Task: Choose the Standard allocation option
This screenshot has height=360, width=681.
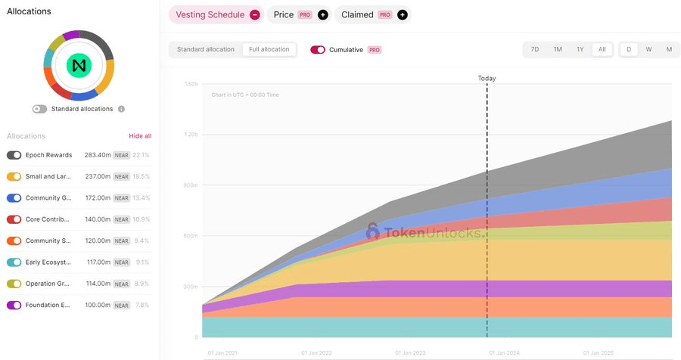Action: coord(206,49)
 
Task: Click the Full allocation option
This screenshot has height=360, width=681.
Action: coord(269,49)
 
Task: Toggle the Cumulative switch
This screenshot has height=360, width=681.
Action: coord(318,50)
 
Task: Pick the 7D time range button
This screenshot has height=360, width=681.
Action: coord(535,49)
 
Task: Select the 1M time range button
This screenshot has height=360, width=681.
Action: coord(558,49)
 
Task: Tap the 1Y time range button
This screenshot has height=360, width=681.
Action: coord(580,49)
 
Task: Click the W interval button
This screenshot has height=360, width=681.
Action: coord(648,49)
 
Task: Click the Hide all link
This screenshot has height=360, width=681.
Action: coord(140,136)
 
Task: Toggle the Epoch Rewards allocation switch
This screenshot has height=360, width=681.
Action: coord(14,155)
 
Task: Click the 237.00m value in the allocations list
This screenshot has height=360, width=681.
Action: coord(97,176)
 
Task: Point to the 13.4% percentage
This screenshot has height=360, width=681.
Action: coord(141,198)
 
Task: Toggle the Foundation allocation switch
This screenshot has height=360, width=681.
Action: coord(14,305)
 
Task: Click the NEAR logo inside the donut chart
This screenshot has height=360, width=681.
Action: coord(78,66)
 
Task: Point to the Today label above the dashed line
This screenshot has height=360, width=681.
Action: coord(487,78)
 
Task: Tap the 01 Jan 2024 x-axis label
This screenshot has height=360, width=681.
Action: coord(504,352)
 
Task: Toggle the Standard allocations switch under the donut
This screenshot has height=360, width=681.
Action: coord(39,109)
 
